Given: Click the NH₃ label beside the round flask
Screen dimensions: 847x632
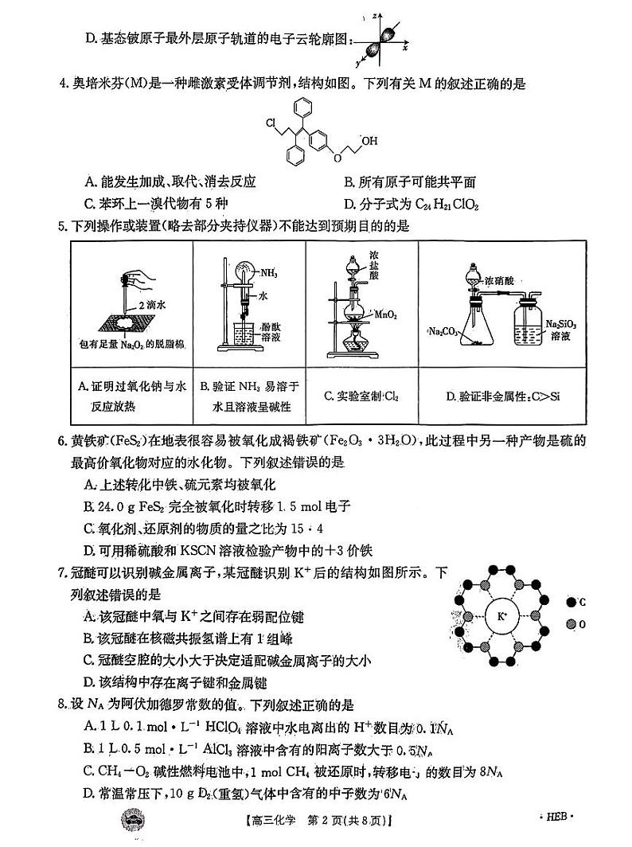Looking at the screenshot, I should [x=267, y=273].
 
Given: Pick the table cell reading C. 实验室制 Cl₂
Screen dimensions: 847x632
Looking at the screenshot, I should [x=361, y=396].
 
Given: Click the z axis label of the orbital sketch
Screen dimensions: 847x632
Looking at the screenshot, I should [x=384, y=16].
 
